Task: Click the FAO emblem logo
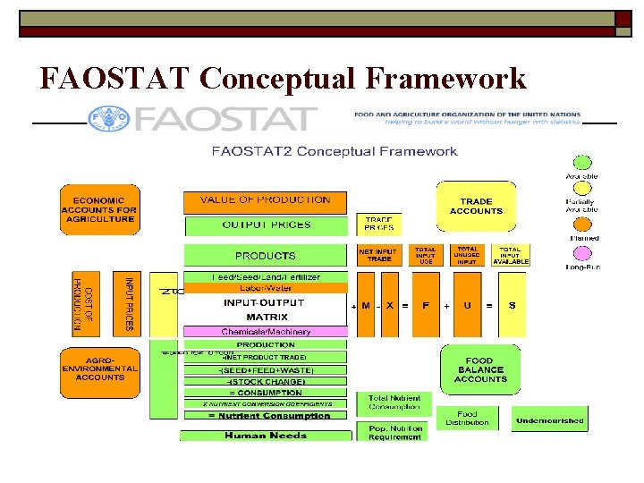108,118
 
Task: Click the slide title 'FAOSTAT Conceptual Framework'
283,79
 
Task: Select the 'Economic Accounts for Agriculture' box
100,209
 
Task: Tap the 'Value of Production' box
265,201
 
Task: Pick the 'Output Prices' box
265,225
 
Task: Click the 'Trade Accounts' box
476,207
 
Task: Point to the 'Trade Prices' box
378,224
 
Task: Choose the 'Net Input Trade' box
378,255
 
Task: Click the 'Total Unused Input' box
467,255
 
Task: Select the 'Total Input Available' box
510,255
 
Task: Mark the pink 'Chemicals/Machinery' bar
265,332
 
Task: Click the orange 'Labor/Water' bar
265,288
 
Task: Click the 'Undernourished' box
549,420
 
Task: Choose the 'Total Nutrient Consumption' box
394,402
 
